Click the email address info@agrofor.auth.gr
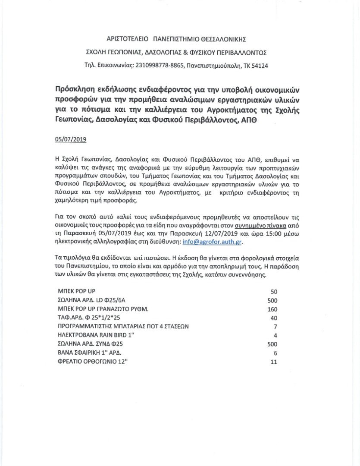[x=212, y=242]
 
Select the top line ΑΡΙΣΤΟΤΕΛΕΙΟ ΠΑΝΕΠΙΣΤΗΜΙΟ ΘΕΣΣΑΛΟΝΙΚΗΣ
[x=176, y=39]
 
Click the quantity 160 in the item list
[x=272, y=309]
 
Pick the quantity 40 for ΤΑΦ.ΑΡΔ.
[x=273, y=318]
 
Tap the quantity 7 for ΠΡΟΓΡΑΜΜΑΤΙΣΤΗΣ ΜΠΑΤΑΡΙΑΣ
[x=275, y=327]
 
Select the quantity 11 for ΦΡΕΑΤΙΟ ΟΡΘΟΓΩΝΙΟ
[x=273, y=362]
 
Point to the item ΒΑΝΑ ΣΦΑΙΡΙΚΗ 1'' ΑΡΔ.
[x=89, y=353]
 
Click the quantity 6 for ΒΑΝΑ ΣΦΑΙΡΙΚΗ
[x=275, y=353]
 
